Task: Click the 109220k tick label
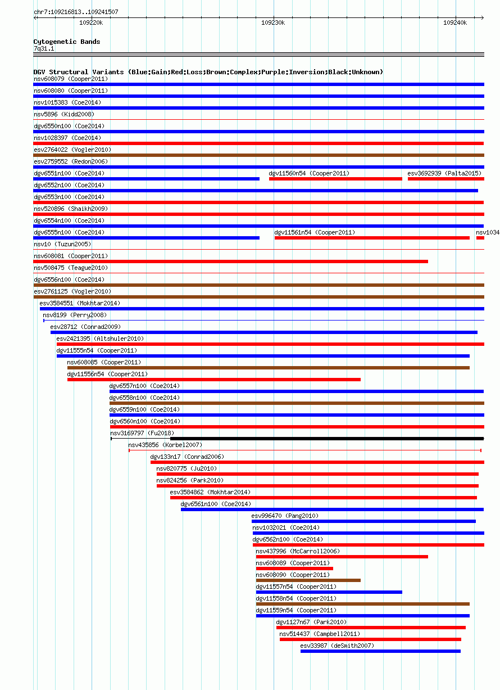coord(91,23)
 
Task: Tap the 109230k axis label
coord(273,23)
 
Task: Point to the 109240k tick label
coord(454,23)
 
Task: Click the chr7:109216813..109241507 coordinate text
coord(76,12)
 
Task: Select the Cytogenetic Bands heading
coord(67,42)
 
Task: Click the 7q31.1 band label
coord(44,49)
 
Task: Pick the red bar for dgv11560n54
coord(335,179)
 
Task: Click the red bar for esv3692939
coord(446,179)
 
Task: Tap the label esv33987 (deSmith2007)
coord(337,646)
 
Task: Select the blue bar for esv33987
coord(380,651)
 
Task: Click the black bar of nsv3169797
coord(327,439)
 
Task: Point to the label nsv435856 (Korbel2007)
coord(165,445)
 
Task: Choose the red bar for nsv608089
coord(294,569)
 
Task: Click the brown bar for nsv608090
coord(308,580)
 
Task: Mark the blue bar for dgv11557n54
coord(329,592)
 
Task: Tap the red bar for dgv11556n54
coord(214,380)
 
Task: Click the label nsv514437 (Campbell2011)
coord(320,634)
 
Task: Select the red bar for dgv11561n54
coord(372,238)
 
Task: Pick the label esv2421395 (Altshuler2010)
coord(100,339)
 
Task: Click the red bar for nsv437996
coord(342,557)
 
